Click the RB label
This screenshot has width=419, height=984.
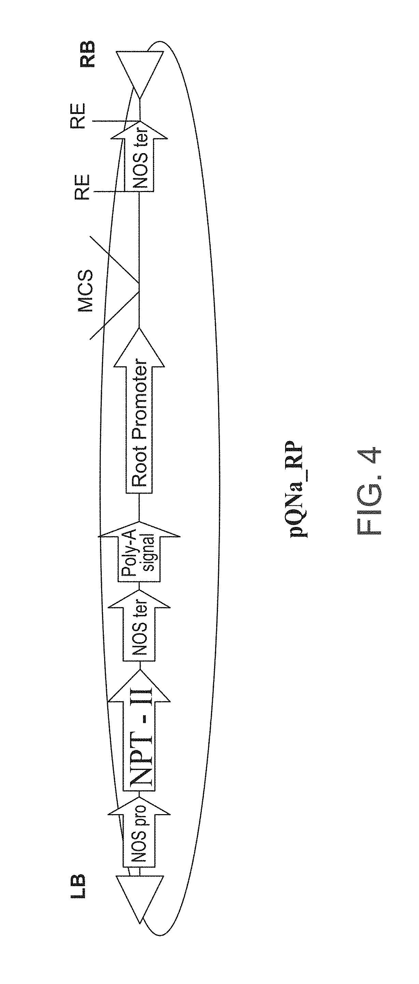(87, 55)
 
